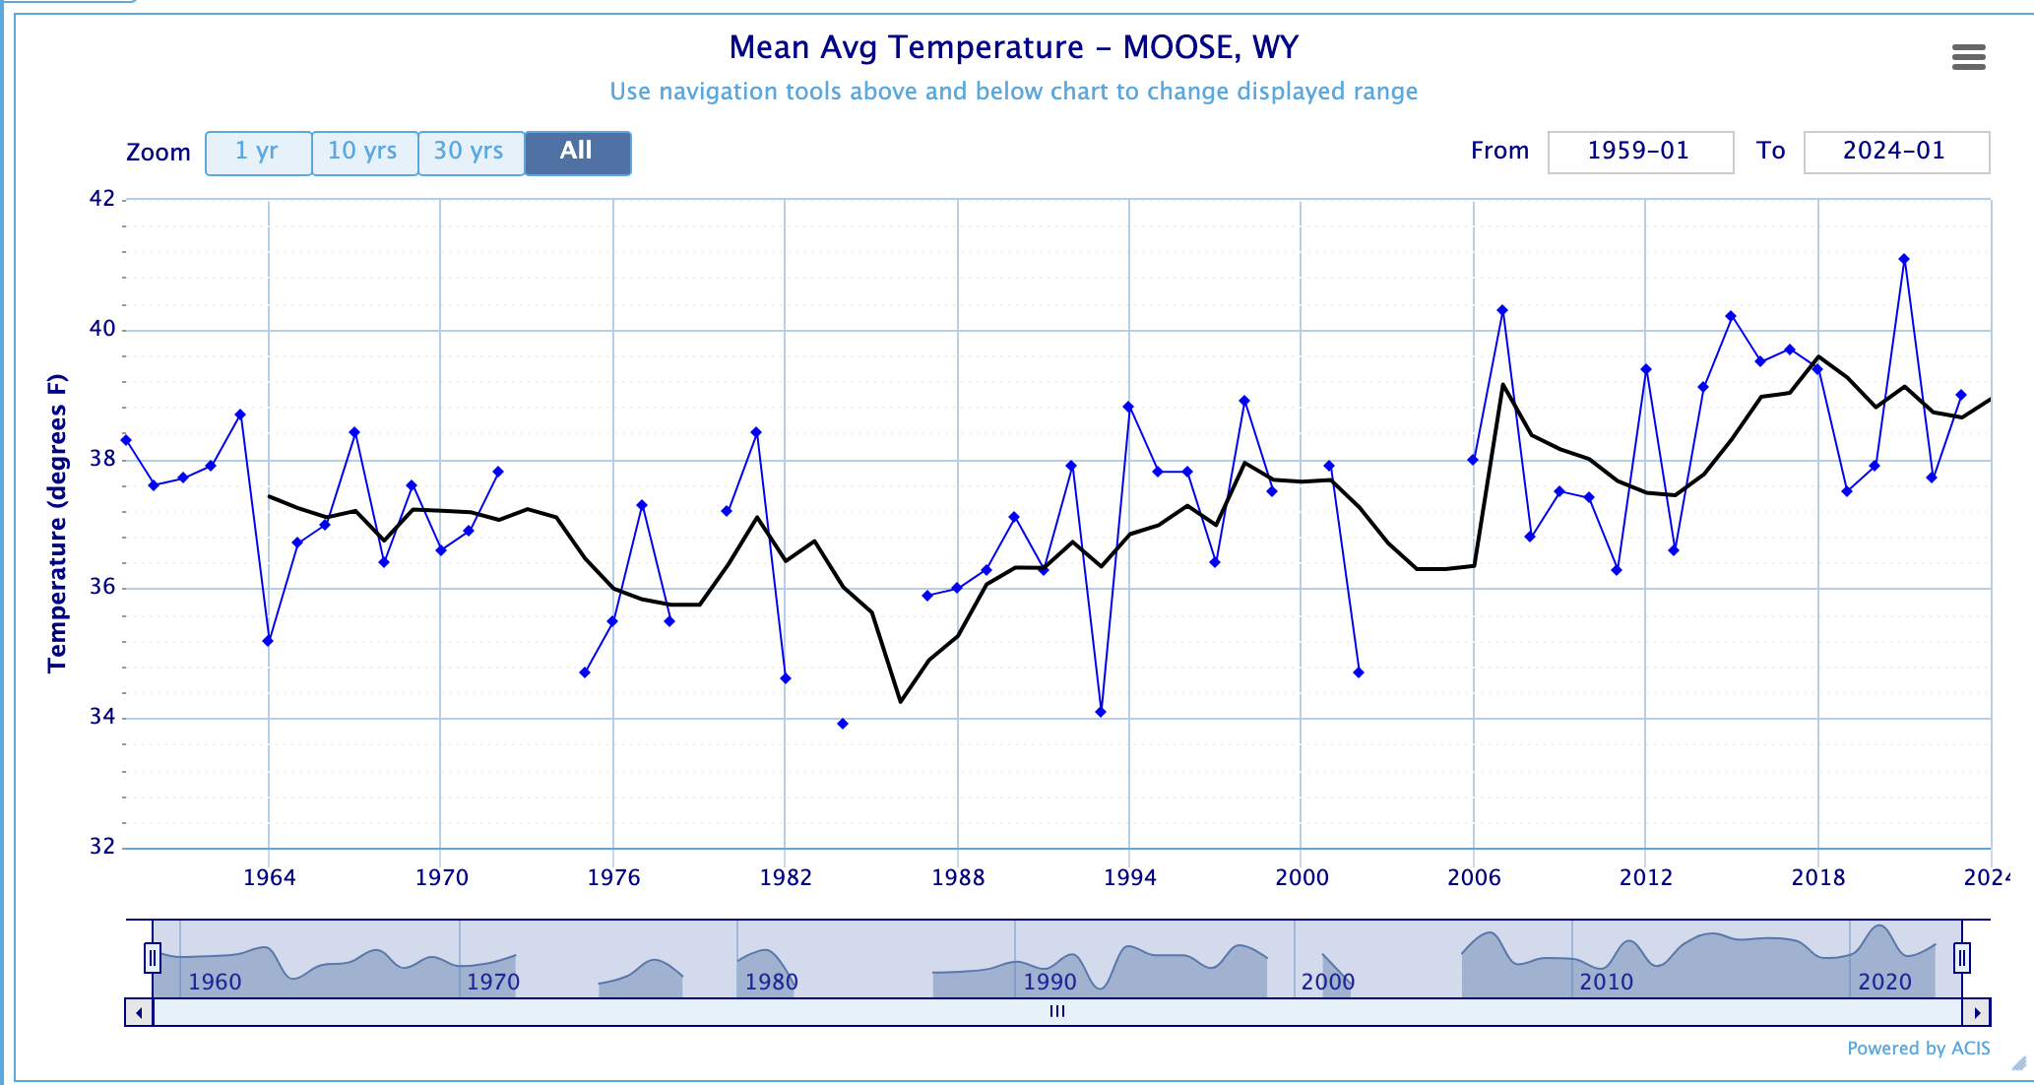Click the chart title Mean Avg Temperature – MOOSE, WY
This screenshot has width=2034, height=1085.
(1013, 47)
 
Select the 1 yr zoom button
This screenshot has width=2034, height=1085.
(258, 153)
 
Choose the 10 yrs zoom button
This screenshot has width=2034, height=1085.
(363, 153)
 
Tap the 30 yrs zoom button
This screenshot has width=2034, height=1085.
(470, 153)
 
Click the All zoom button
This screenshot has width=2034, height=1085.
(577, 153)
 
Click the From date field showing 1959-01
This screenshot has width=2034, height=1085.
(1639, 152)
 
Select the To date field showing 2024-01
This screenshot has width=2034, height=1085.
(1895, 152)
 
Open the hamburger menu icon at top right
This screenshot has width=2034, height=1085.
(1968, 57)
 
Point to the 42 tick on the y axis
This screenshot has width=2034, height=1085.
(102, 199)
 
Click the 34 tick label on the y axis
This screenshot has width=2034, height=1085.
(102, 718)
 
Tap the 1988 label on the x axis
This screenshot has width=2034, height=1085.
(958, 877)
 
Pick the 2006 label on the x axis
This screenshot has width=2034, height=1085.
(1474, 877)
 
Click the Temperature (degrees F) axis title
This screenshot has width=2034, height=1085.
(57, 523)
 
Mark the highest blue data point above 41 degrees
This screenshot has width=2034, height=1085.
(1904, 260)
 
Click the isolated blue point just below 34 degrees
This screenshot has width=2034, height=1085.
(843, 724)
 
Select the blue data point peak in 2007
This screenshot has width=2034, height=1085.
(1502, 311)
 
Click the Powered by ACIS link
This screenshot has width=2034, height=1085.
(1918, 1049)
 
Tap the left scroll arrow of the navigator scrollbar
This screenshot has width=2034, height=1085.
(139, 1012)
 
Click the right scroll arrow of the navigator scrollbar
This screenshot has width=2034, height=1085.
(1976, 1012)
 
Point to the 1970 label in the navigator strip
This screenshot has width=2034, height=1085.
(492, 982)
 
